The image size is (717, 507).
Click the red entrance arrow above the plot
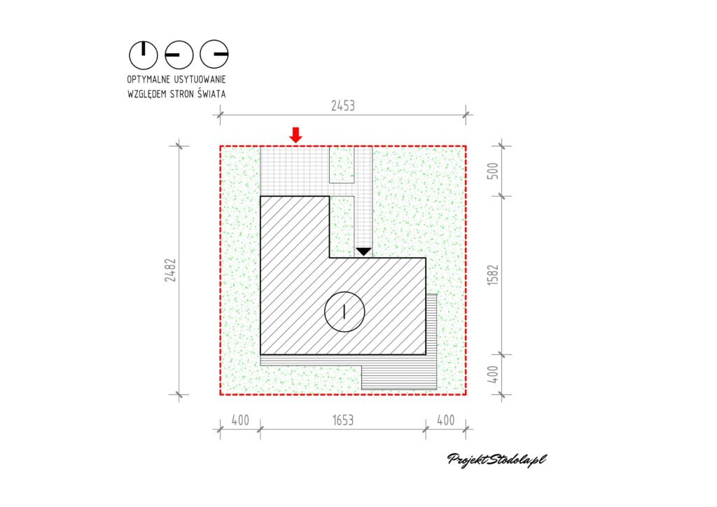point(296,135)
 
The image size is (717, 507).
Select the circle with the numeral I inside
point(344,312)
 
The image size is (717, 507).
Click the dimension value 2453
point(343,106)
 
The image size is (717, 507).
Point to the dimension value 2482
point(171,270)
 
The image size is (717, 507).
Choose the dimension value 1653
point(343,420)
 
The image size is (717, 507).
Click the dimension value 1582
point(493,275)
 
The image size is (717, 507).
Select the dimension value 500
point(493,171)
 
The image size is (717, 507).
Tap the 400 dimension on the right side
point(493,375)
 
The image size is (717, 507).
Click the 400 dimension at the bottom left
point(240,420)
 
